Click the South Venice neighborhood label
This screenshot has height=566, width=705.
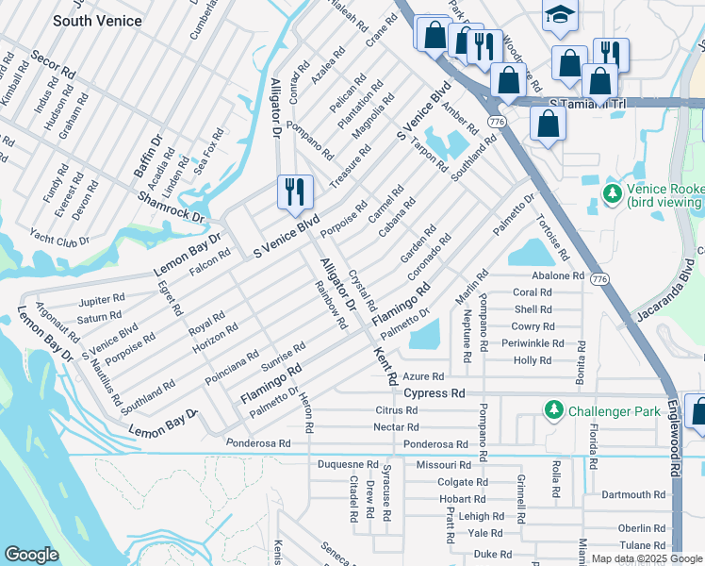coord(97,20)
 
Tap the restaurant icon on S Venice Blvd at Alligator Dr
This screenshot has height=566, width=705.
coord(292,191)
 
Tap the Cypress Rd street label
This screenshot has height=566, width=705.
coord(434,392)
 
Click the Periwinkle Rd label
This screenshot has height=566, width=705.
coord(538,343)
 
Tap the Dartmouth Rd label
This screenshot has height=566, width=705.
coord(633,494)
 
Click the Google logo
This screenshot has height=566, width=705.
coord(31,554)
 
